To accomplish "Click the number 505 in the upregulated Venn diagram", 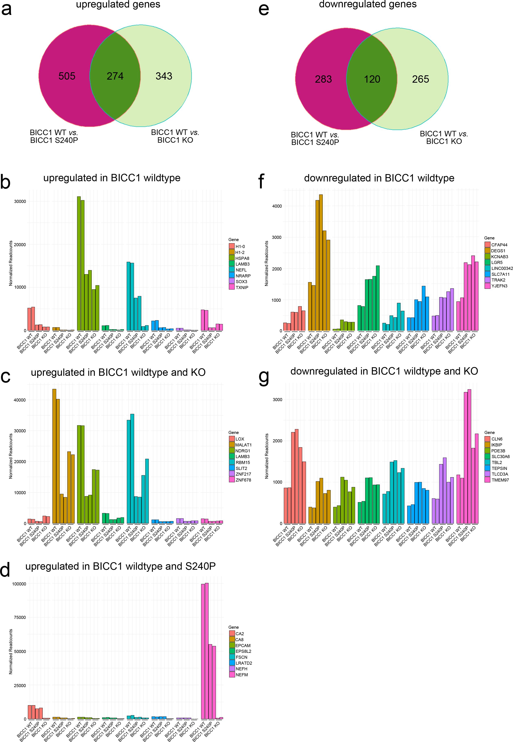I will click(67, 76).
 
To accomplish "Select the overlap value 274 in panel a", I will click(115, 76).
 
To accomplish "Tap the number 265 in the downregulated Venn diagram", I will click(421, 79).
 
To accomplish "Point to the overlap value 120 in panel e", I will click(372, 79).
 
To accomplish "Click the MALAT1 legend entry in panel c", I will click(243, 445).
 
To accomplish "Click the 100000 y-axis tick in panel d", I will click(18, 584).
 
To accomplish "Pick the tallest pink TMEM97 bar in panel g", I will click(469, 456).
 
